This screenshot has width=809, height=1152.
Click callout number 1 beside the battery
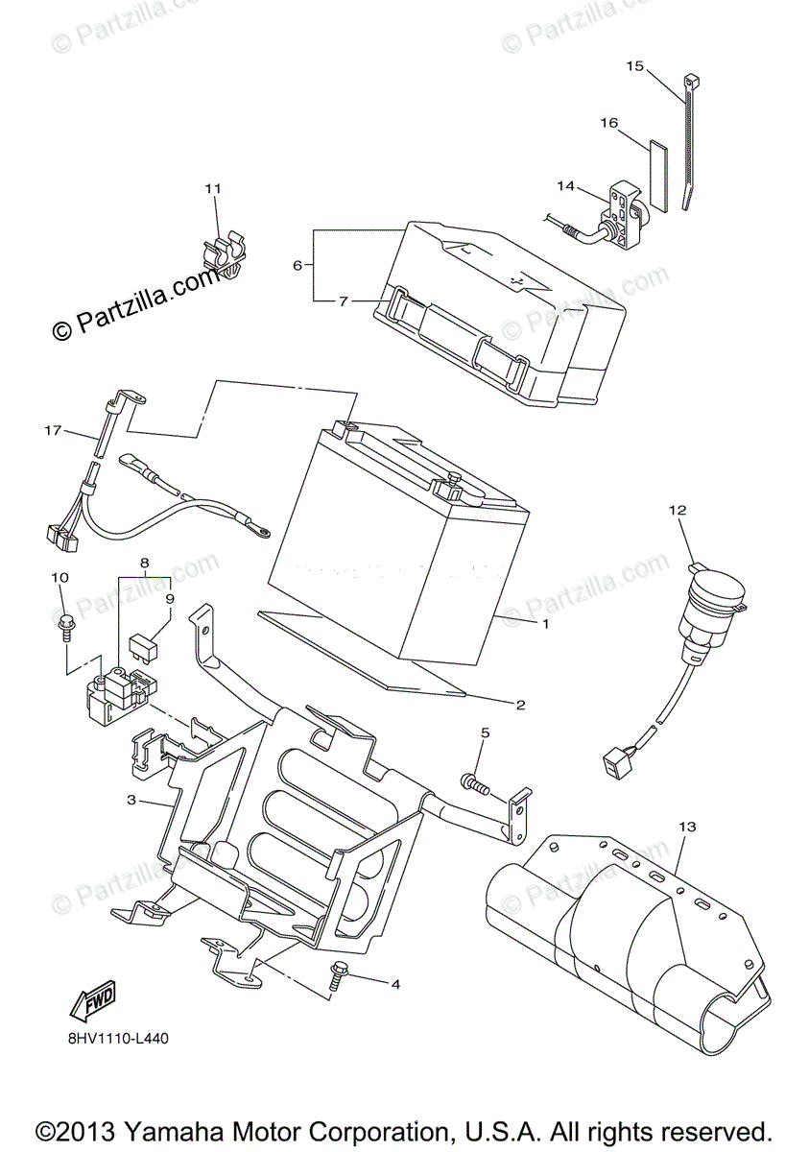544,624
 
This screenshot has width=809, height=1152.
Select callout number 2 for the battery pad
520,706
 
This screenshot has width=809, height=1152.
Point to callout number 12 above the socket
678,512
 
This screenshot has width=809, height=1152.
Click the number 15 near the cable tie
634,66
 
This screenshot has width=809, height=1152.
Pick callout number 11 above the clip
212,187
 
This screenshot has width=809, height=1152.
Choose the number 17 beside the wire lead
53,431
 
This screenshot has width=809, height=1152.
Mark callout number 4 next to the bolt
393,984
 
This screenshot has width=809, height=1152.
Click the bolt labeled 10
64,623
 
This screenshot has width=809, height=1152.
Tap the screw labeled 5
474,782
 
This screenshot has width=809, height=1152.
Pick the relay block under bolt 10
117,691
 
